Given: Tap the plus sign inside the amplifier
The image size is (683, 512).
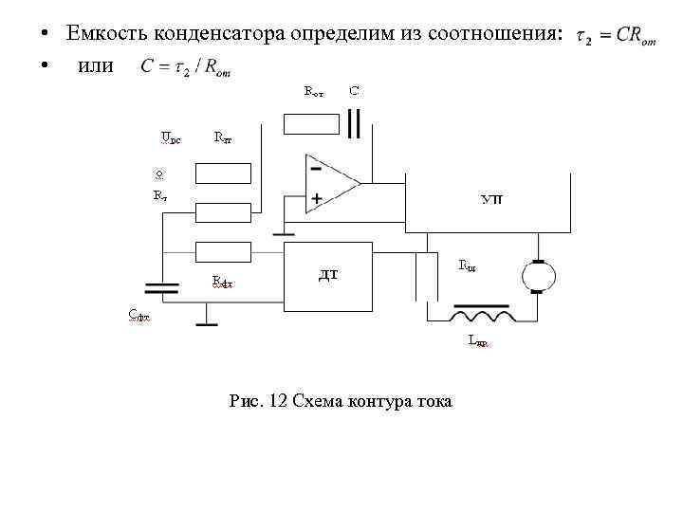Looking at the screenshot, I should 316,198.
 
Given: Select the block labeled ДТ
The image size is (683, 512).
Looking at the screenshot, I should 329,275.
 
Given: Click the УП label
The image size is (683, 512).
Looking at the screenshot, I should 492,199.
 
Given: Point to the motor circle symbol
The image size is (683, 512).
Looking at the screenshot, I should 538,278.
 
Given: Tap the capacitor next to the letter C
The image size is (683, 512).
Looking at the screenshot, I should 355,123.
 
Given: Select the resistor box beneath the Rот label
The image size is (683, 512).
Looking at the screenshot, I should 311,123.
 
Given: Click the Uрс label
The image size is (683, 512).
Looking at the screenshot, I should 171,138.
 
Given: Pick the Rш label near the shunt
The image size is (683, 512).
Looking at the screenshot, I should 467,265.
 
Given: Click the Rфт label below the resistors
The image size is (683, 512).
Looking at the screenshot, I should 221,281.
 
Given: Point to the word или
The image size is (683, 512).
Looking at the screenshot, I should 94,66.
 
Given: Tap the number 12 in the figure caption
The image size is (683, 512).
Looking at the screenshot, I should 278,401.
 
